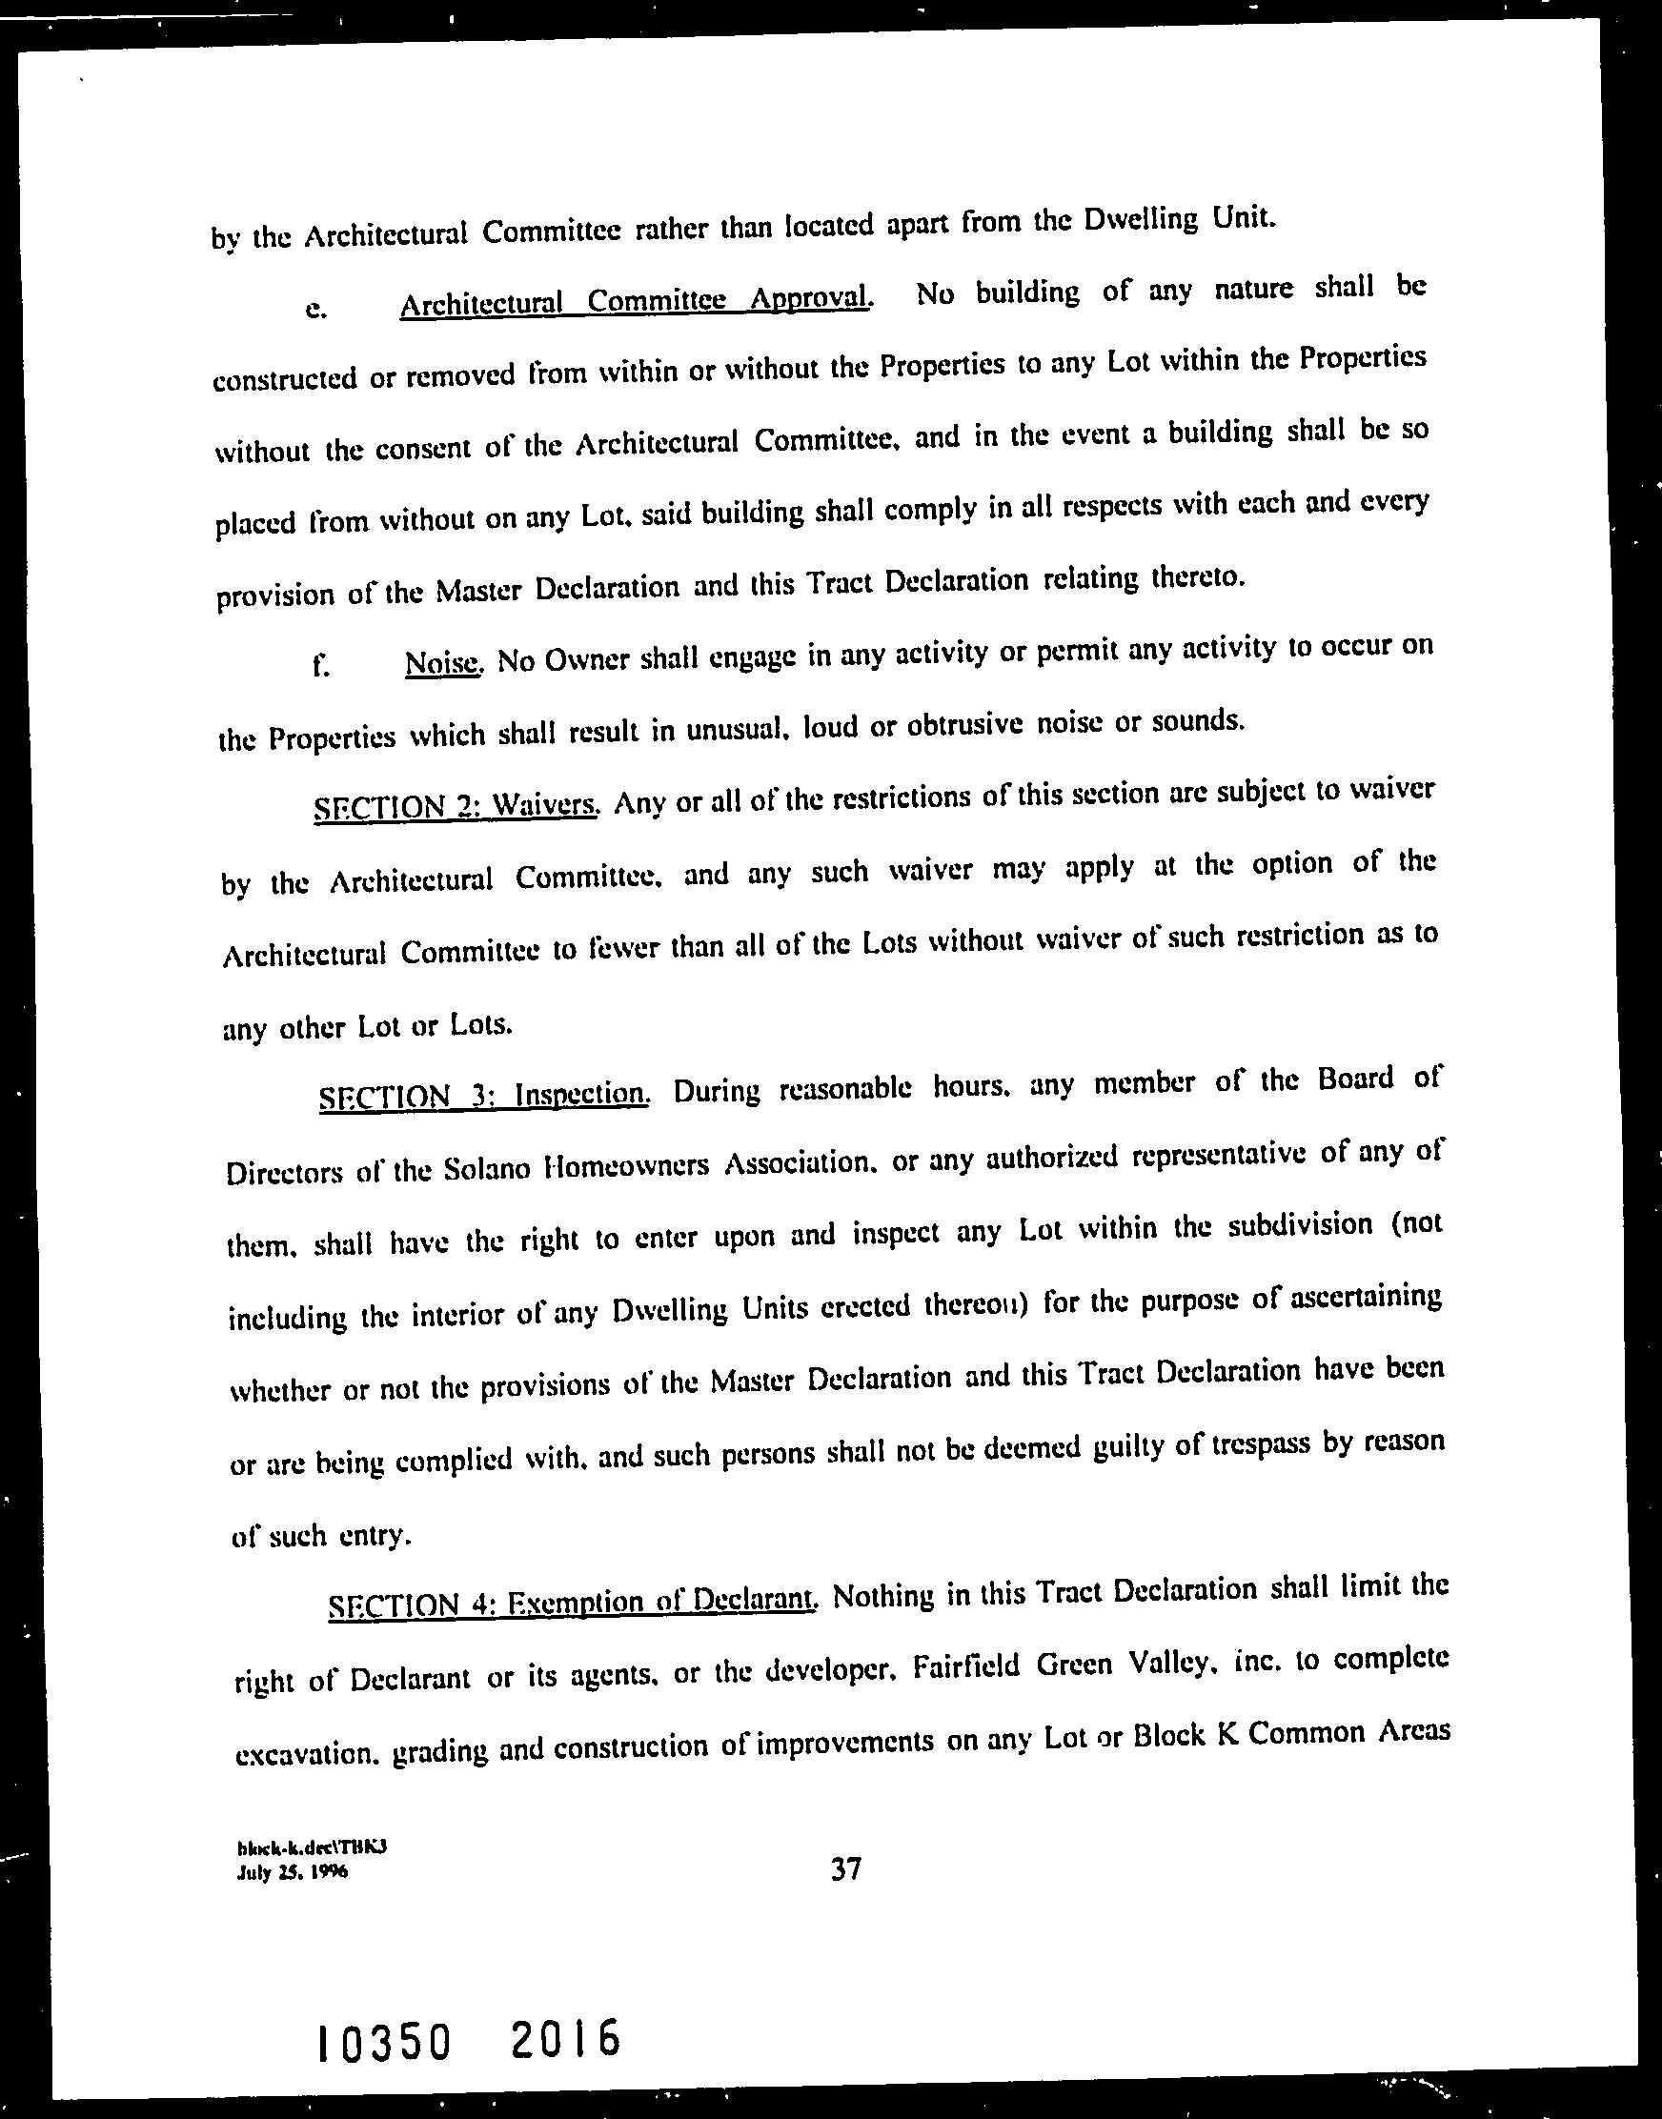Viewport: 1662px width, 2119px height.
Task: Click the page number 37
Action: pyautogui.click(x=845, y=1869)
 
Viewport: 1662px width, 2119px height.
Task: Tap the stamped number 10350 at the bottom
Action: pyautogui.click(x=382, y=2041)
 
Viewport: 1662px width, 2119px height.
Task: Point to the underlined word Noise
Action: pyautogui.click(x=442, y=663)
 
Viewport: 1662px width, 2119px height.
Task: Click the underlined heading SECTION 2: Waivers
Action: pyautogui.click(x=455, y=807)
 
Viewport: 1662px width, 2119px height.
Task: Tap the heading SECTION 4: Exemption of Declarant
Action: pyautogui.click(x=570, y=1602)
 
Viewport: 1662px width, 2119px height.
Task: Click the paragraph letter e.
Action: pyautogui.click(x=314, y=310)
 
